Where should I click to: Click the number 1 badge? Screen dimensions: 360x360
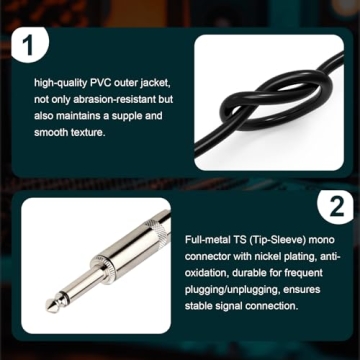[29, 45]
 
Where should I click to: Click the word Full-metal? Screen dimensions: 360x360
[207, 241]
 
